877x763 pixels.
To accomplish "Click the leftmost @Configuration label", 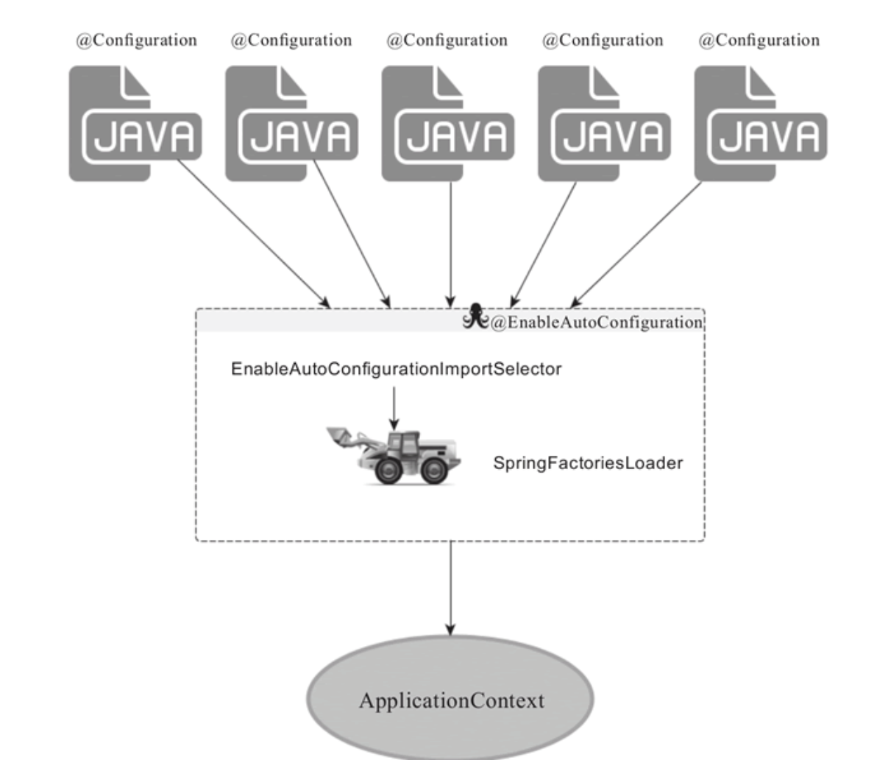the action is coord(136,41).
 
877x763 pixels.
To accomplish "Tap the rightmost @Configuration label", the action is coord(759,41).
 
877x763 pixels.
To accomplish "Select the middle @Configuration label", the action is coord(447,41).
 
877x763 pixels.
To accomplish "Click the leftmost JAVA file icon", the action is coord(135,124).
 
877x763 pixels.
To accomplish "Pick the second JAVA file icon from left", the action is coord(291,124).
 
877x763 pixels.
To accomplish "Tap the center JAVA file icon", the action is coord(447,124).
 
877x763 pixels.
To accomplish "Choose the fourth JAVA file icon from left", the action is coord(604,124).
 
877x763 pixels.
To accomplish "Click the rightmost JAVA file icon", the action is coord(761,124).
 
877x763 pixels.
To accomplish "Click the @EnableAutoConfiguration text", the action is coord(597,323).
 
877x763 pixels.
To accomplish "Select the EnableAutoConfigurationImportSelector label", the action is coord(396,369).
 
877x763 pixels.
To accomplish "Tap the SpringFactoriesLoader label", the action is coord(588,463).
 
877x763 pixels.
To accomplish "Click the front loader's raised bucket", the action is coord(340,436).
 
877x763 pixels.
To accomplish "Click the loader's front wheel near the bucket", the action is coord(388,470).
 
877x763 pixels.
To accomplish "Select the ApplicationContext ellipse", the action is coord(450,698).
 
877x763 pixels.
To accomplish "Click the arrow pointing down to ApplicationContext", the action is coord(450,588).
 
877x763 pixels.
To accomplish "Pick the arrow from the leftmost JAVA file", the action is coord(254,234).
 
